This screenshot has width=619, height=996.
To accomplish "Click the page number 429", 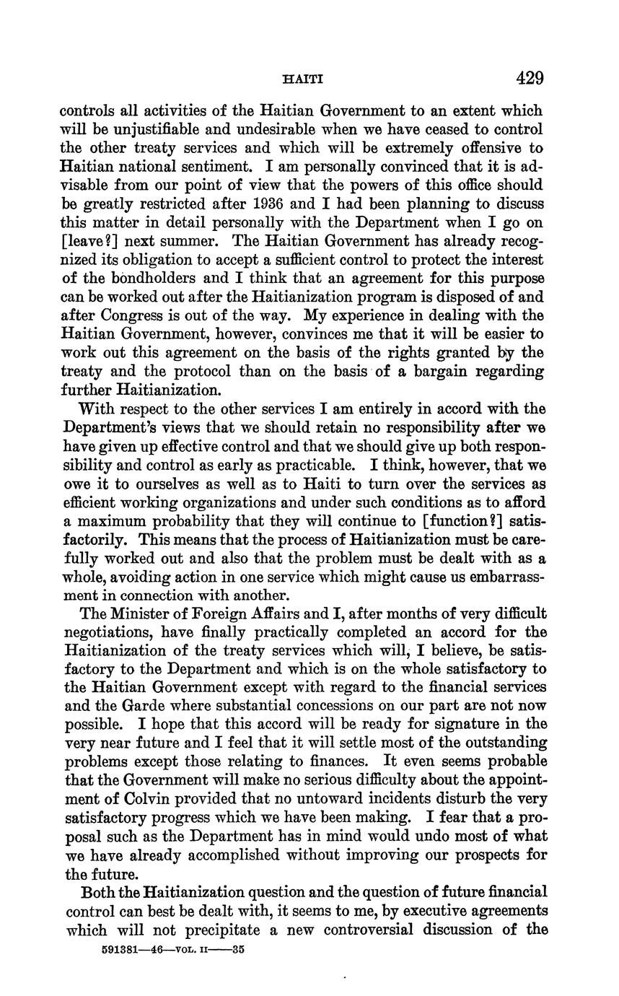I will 529,78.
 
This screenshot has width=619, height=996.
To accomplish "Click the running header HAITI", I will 299,79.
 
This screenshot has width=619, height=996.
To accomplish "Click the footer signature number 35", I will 238,950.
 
